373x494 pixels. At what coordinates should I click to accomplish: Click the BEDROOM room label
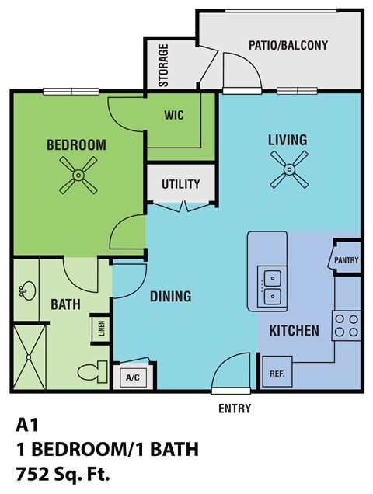(76, 144)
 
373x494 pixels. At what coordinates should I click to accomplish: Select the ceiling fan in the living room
(289, 169)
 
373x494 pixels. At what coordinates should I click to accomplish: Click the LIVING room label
(288, 140)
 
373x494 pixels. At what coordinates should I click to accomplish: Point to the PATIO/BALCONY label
(288, 45)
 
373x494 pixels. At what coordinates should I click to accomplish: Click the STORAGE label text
(164, 65)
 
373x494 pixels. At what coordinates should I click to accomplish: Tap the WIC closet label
(173, 114)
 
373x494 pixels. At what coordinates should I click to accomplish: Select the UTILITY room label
(181, 184)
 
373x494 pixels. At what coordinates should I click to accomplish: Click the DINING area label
(170, 296)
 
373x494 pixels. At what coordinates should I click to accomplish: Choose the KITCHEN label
(294, 330)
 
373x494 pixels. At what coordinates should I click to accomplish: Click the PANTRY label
(347, 260)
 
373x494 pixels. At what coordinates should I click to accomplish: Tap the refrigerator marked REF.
(277, 372)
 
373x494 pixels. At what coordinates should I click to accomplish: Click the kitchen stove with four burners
(347, 326)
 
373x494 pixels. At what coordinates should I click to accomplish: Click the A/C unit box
(133, 378)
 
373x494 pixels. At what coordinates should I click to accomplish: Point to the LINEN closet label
(99, 329)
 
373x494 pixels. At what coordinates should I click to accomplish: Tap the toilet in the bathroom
(93, 371)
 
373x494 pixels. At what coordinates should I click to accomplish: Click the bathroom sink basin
(23, 292)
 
